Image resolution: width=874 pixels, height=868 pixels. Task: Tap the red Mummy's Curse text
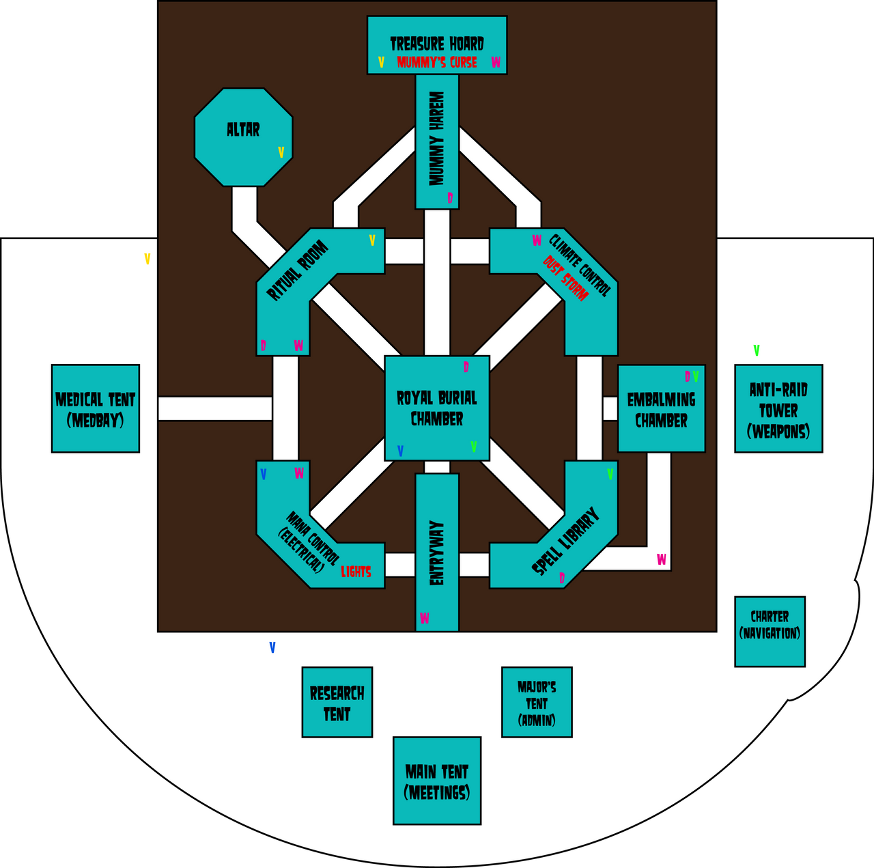[x=437, y=63]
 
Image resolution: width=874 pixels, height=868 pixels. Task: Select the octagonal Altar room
[x=243, y=137]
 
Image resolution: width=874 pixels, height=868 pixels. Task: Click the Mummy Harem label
[x=437, y=139]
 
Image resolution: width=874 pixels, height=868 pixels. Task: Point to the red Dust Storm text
[x=565, y=278]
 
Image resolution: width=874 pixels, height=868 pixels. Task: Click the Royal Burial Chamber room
[x=437, y=408]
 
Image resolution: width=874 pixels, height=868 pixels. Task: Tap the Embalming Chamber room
[x=661, y=410]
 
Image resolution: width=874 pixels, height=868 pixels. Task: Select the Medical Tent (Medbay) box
[x=96, y=408]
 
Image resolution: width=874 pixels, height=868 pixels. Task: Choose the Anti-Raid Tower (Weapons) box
[x=778, y=408]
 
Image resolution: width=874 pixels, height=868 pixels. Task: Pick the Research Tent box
[x=337, y=702]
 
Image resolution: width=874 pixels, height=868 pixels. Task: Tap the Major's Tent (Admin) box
[x=537, y=702]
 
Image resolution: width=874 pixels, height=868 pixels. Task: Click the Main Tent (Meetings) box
[x=437, y=781]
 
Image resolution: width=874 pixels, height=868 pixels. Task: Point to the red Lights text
[x=356, y=572]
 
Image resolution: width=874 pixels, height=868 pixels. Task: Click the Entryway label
[x=437, y=553]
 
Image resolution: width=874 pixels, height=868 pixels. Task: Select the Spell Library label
[x=565, y=541]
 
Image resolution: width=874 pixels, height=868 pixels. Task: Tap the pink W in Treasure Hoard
[x=496, y=63]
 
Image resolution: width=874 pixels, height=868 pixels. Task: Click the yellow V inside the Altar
[x=281, y=152]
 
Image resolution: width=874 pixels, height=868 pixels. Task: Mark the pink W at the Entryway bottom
[x=424, y=618]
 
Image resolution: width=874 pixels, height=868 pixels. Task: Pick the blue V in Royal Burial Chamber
[x=400, y=451]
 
